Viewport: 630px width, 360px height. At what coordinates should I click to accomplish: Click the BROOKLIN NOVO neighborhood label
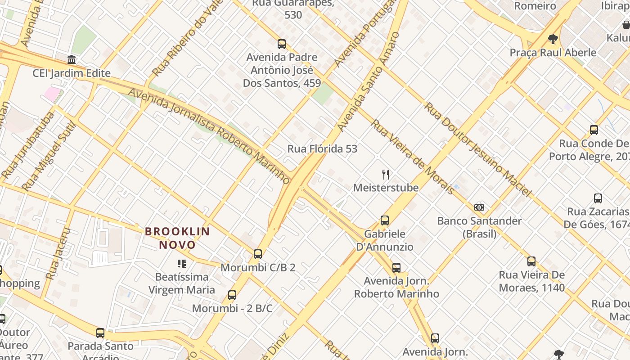[177, 238]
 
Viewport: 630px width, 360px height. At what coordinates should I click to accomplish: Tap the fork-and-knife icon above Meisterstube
[385, 175]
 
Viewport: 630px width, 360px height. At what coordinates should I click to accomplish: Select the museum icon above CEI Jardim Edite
[72, 60]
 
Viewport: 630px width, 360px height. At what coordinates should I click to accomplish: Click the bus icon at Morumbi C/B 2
[257, 254]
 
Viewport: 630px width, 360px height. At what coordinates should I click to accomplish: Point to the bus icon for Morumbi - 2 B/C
[232, 295]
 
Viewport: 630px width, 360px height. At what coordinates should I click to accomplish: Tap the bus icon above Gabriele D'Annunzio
[385, 220]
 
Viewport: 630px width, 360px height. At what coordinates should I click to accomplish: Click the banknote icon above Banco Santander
[479, 207]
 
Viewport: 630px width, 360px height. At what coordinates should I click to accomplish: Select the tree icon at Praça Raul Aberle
[553, 39]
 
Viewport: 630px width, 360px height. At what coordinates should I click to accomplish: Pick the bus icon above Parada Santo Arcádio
[100, 333]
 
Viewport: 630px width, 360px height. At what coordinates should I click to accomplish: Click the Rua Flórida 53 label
[322, 149]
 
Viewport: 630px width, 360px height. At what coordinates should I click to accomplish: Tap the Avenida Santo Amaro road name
[369, 82]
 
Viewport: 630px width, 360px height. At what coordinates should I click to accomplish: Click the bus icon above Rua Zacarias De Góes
[598, 198]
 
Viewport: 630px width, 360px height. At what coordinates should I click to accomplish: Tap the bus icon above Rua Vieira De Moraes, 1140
[531, 261]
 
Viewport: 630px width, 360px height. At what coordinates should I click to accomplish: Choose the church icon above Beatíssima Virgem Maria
[182, 263]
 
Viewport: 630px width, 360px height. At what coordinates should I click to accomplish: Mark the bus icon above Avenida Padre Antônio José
[282, 44]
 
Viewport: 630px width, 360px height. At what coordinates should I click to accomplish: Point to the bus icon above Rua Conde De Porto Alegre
[594, 130]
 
